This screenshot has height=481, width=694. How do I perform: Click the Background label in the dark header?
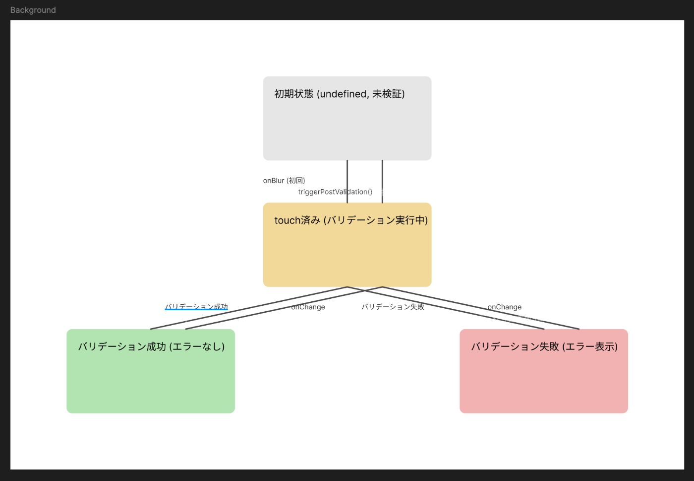point(33,10)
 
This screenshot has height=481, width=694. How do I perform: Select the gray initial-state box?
point(347,129)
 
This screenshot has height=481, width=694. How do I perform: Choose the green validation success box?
point(151,380)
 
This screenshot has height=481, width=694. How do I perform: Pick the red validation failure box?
point(543,380)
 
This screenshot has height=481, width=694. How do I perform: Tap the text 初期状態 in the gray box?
point(294,94)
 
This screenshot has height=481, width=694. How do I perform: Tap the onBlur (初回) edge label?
point(284,181)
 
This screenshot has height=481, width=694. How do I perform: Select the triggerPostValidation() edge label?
point(335,192)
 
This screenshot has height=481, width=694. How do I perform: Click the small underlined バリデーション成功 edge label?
point(196,306)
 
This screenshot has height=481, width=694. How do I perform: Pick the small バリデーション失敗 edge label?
point(393,307)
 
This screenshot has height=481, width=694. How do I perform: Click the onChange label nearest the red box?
point(505,307)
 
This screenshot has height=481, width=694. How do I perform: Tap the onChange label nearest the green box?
point(308,307)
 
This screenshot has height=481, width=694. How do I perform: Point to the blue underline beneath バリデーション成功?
point(196,310)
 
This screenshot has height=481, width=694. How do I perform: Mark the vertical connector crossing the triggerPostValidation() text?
point(347,192)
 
